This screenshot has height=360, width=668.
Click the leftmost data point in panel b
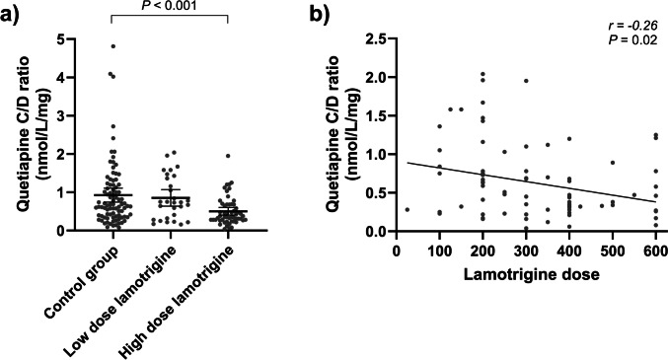click(407, 209)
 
